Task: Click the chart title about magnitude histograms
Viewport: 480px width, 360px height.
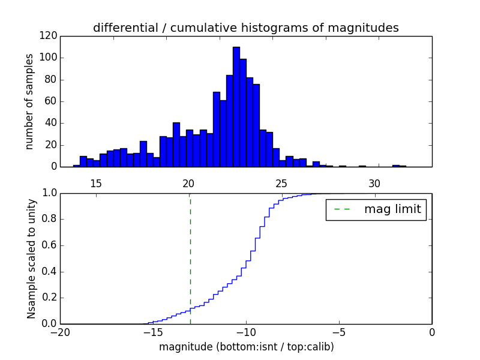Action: click(x=245, y=28)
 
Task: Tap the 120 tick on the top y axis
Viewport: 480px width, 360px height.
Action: click(x=50, y=36)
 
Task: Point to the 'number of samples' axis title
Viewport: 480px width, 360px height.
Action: click(x=29, y=101)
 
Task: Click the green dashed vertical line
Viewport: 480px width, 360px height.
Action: click(x=190, y=258)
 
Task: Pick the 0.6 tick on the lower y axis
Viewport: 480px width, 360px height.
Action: click(x=50, y=245)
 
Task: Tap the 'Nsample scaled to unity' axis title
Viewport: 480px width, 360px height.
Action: click(x=31, y=259)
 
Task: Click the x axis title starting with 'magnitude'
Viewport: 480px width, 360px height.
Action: click(x=246, y=347)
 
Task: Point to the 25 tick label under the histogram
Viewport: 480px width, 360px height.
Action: click(x=281, y=183)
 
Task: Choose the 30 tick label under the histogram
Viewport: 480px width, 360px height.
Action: click(x=374, y=183)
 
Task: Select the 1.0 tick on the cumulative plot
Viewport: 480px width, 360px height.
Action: click(x=50, y=193)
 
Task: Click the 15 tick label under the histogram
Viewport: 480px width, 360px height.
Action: click(x=95, y=183)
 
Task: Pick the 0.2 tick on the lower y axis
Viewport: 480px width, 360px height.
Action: click(x=50, y=298)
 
